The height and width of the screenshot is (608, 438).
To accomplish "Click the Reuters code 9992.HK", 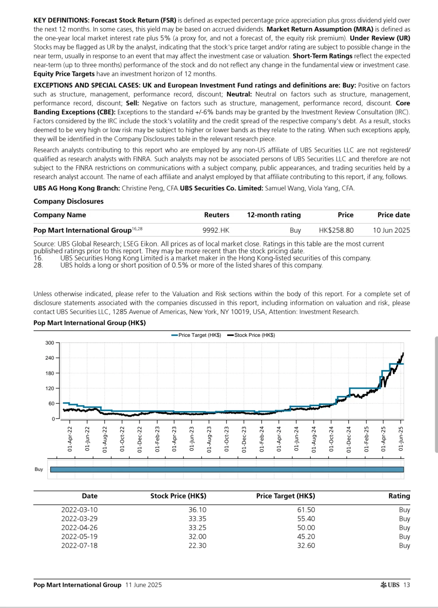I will [216, 230].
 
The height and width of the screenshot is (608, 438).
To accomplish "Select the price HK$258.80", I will [336, 230].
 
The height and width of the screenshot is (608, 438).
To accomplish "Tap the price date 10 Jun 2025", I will [391, 230].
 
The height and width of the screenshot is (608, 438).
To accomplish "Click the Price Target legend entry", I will [196, 335].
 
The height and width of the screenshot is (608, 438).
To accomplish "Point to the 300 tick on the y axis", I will [49, 343].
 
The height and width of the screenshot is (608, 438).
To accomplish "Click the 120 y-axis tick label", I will [49, 388].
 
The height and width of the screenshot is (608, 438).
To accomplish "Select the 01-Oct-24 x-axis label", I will [331, 439].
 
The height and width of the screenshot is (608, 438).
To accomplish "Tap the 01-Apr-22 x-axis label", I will [70, 439].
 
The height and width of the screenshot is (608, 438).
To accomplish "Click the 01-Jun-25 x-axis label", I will [401, 439].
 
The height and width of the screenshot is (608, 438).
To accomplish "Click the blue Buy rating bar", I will [227, 469].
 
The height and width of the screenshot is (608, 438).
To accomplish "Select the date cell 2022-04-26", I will [79, 528].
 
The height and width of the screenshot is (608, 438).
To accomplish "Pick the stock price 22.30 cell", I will [198, 546].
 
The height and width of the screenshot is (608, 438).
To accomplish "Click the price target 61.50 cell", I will [306, 510].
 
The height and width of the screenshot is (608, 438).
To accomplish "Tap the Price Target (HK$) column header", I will [286, 496].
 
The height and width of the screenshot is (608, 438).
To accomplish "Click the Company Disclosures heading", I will [69, 201].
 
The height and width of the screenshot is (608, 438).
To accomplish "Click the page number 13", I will [407, 585].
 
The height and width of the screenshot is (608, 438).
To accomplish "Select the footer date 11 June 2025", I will [144, 585].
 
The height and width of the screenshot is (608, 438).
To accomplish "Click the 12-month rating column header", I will [274, 215].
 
